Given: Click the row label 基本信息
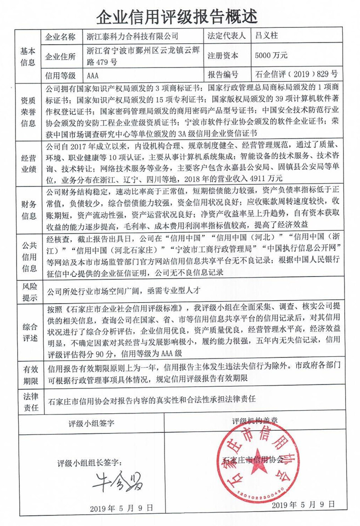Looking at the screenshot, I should click(x=27, y=56).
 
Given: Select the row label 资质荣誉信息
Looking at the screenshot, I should click(x=27, y=111).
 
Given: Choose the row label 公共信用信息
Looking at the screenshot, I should click(x=27, y=256).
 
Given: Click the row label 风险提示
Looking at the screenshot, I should click(x=27, y=290).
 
